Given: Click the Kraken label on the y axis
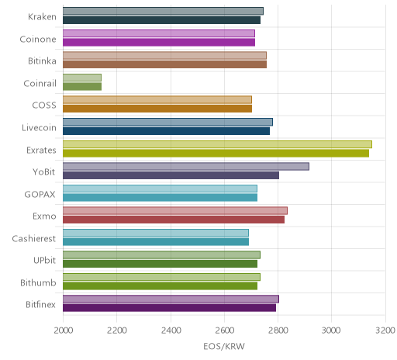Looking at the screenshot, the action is (42, 17).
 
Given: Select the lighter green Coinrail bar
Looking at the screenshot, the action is (82, 78).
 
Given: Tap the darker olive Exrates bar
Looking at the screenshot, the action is (216, 154).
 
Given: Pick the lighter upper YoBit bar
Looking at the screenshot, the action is (186, 167).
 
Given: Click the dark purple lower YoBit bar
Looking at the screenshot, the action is (171, 175).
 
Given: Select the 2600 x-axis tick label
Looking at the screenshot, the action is (224, 331).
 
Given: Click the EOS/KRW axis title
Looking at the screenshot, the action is (224, 346).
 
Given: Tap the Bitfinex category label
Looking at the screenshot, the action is (40, 305).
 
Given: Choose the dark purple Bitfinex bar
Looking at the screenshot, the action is (170, 308).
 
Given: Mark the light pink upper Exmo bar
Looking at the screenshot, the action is (175, 211).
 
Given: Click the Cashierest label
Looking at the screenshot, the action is (34, 238).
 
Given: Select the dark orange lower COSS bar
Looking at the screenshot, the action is (157, 109).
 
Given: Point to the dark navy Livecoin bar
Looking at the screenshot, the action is (167, 131).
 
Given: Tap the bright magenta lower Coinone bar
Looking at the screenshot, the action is (159, 42).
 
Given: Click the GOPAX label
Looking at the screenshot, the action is (40, 194).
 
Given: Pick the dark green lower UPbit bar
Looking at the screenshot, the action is (161, 264).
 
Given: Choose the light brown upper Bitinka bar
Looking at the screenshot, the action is (164, 56).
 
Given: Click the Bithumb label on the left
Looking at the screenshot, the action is (38, 282).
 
